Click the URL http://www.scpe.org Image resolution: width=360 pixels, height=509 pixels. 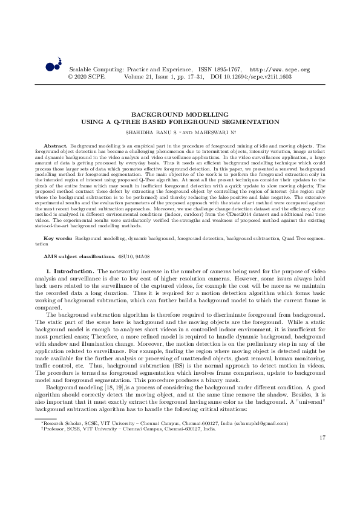(x=280, y=70)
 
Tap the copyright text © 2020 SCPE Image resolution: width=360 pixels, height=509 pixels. (x=87, y=77)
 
